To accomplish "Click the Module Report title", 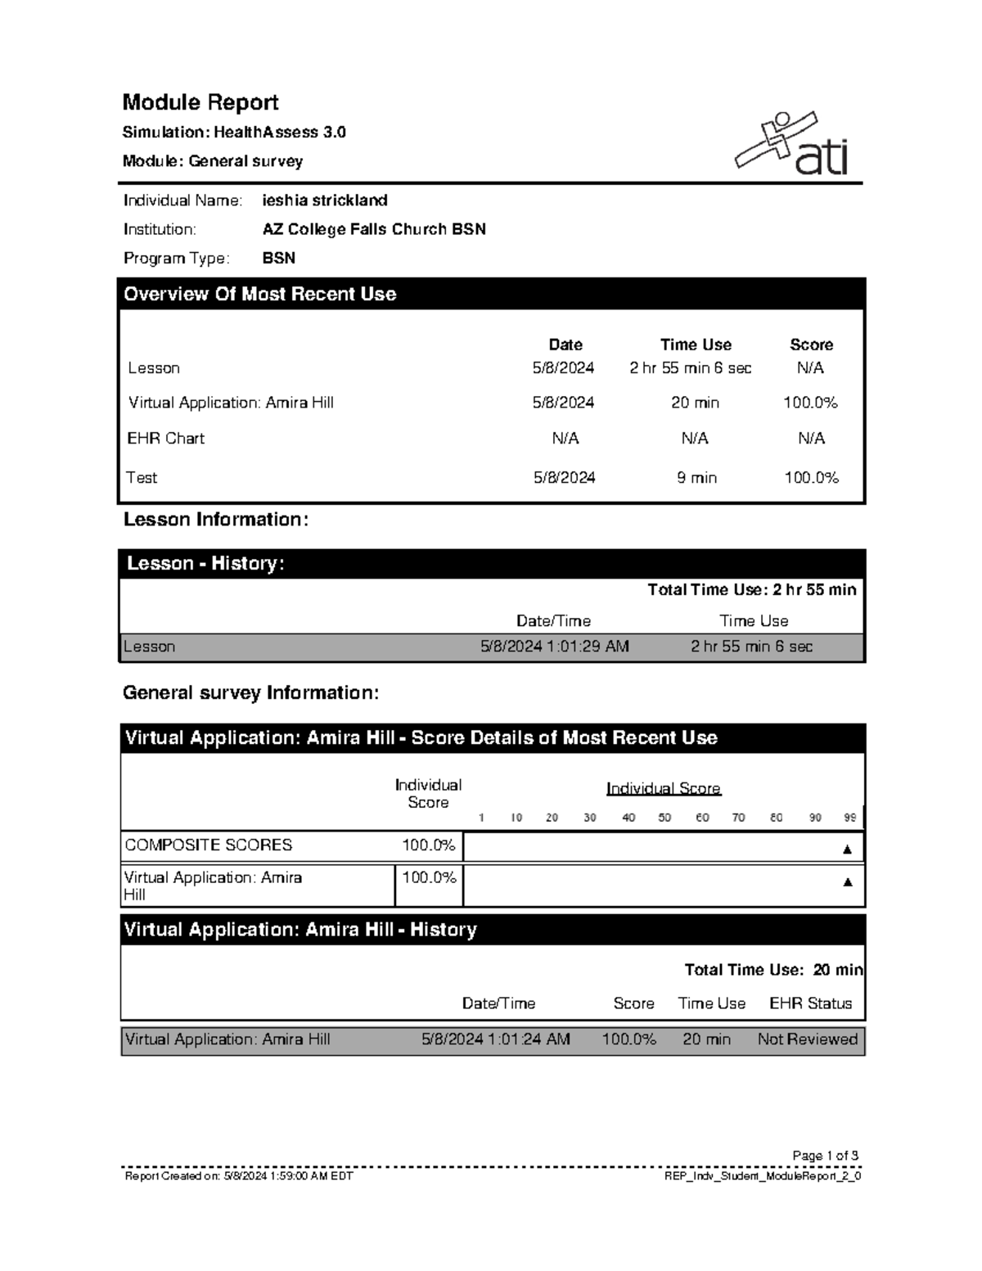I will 200,102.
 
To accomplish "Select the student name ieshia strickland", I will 325,201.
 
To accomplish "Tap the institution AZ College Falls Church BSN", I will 374,229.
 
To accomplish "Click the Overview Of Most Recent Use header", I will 260,294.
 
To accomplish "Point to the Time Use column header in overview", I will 696,345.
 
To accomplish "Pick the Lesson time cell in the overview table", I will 690,368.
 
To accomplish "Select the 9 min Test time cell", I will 696,478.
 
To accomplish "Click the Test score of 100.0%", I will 811,478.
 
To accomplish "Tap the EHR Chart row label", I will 165,439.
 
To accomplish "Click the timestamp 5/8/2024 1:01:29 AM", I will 554,647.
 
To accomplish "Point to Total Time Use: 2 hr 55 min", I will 751,590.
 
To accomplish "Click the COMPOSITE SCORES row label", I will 208,845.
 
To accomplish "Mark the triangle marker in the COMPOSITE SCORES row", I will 847,850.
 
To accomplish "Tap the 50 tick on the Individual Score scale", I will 664,818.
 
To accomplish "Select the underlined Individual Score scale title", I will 663,788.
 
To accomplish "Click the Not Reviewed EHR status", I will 807,1039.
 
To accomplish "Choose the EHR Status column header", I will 810,1003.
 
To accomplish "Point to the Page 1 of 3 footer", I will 825,1156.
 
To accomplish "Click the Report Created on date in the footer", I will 238,1176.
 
